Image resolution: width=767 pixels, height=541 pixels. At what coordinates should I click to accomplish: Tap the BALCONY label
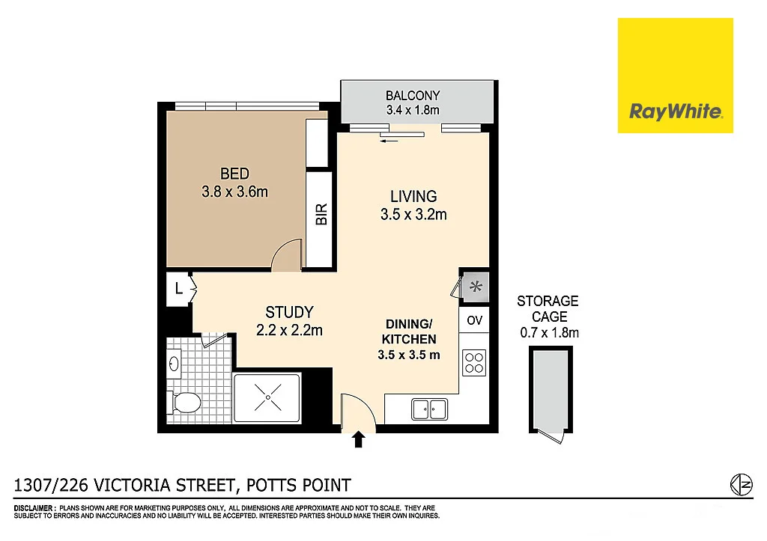[x=412, y=96]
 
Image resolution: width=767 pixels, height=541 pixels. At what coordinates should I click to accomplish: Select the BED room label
[x=234, y=174]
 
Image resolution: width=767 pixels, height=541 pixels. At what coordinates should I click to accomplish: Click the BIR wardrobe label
[x=321, y=216]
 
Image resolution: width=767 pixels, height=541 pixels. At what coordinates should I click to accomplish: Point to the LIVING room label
[x=413, y=197]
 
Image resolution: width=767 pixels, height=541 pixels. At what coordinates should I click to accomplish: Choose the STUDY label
[x=289, y=312]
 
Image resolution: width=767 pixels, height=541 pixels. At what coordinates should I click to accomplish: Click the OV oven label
[x=474, y=320]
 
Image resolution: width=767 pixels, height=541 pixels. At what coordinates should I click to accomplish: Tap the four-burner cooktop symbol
[x=474, y=363]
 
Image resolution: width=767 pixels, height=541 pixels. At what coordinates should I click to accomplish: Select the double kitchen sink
[x=429, y=409]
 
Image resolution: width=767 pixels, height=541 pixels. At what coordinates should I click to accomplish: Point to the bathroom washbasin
[x=174, y=365]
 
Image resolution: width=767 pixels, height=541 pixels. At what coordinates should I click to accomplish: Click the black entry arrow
[x=358, y=439]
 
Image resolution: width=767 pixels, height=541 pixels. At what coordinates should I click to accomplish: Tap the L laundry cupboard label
[x=178, y=287]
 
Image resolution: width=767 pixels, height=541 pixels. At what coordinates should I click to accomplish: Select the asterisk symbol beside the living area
[x=476, y=285]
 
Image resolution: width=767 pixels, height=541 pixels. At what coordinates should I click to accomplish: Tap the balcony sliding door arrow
[x=388, y=139]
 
